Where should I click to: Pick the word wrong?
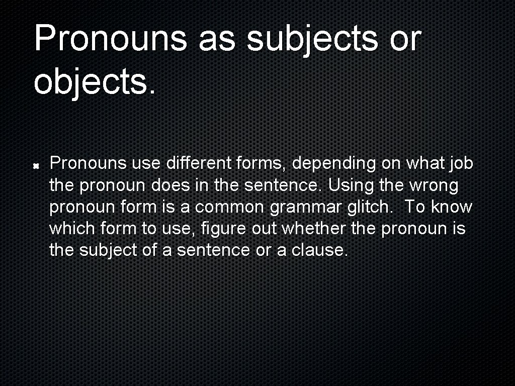tap(433, 185)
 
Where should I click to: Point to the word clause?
tap(320, 250)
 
